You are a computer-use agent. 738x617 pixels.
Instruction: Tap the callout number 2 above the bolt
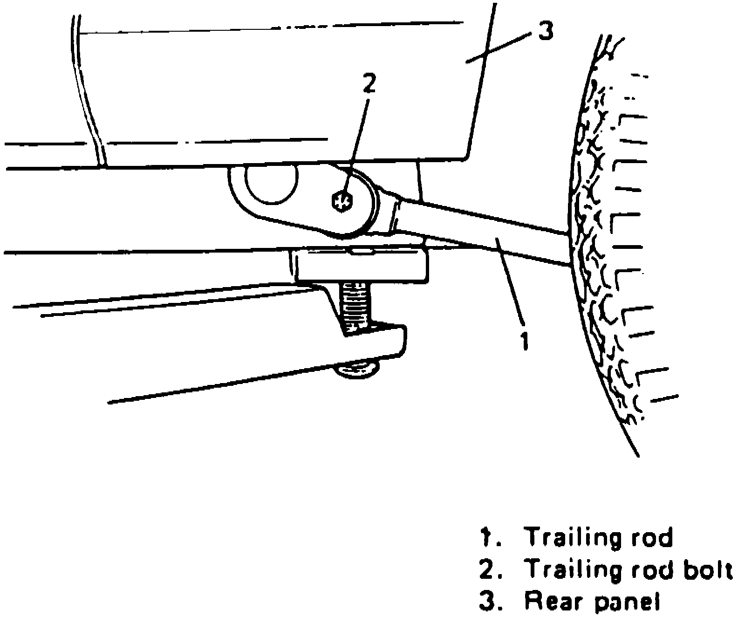click(369, 84)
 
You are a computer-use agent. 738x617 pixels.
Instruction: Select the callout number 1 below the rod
click(525, 341)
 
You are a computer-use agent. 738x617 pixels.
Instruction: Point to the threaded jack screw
click(354, 305)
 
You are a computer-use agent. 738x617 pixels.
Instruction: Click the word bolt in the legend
click(706, 569)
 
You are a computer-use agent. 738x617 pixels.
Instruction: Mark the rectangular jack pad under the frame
click(362, 266)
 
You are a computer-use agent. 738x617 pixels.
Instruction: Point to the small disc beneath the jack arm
click(357, 370)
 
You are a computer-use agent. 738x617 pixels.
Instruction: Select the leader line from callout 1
click(511, 280)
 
